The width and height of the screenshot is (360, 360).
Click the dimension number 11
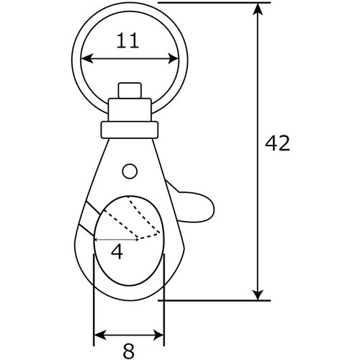point(127,41)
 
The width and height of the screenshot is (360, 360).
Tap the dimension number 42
point(277,143)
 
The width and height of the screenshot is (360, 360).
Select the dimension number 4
point(117,252)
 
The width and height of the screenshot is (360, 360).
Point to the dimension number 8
point(129,351)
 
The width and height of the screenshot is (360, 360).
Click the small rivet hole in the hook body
point(130,171)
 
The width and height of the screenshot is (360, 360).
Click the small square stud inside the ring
point(130,90)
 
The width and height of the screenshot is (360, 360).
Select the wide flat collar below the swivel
point(130,130)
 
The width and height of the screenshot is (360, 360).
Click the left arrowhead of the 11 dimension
point(87,58)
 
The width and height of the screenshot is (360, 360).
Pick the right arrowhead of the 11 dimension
point(174,58)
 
